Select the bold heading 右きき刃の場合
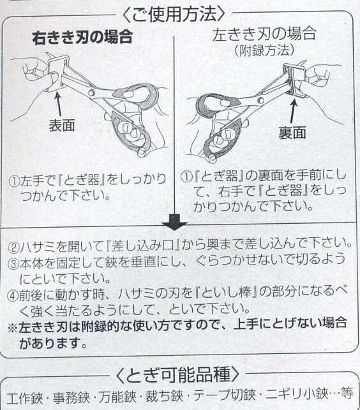coord(82,38)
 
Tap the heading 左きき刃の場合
coord(264,34)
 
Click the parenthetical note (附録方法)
coord(264,50)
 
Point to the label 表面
coord(62,125)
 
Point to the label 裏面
coord(292,133)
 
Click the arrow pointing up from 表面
coord(58,104)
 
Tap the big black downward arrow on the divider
coord(174,223)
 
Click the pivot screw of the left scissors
coord(91,92)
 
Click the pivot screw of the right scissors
coord(260,99)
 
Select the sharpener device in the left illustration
coord(58,72)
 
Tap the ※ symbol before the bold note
coord(13,328)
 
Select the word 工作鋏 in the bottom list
coord(25,399)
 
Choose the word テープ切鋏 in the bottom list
coord(225,395)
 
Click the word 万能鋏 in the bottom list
coord(117,397)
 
